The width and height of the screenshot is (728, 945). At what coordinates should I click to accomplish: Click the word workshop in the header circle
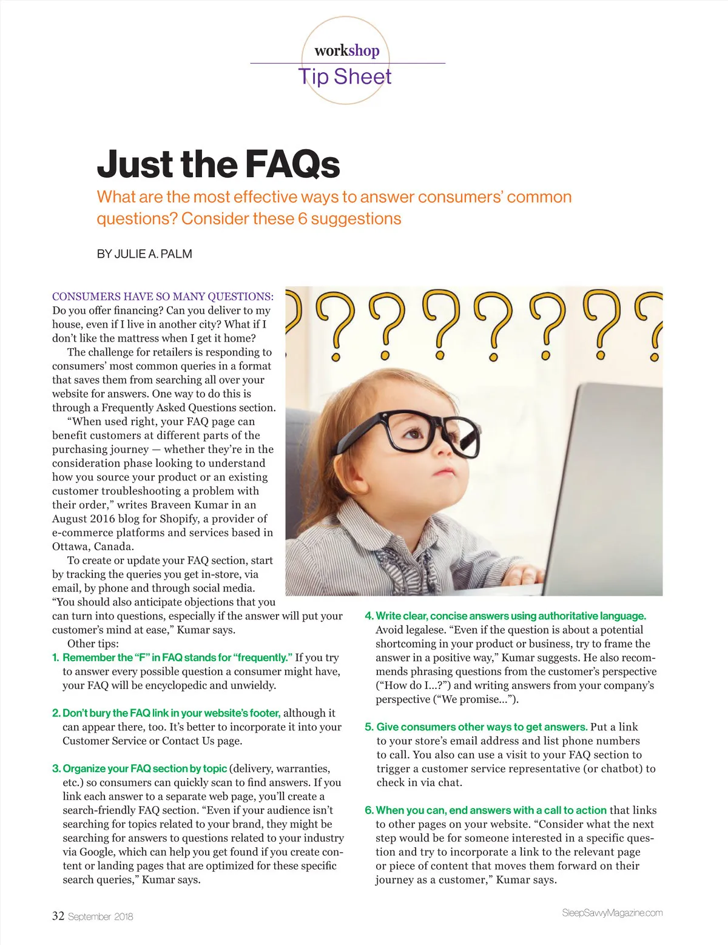coord(346,51)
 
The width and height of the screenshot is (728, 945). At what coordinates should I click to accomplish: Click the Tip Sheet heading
coord(345,77)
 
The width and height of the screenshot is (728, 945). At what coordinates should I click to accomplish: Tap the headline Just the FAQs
coord(218,164)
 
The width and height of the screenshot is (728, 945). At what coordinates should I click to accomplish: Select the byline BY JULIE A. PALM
coord(144,254)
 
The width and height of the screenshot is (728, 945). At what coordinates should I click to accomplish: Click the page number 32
coord(58,916)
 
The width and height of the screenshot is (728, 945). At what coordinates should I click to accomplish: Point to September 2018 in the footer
coord(100,916)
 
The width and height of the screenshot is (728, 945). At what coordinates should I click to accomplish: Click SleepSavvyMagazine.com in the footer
coord(612,913)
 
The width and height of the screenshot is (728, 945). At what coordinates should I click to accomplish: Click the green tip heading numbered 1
coord(177,657)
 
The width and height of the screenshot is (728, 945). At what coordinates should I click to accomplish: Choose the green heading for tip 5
coord(482,727)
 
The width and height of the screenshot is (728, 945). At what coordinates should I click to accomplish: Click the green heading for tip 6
coord(491,810)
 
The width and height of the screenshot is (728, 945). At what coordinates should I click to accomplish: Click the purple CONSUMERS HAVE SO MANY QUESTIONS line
coord(163,297)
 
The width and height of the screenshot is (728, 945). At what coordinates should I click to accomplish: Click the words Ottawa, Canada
coord(93,546)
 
